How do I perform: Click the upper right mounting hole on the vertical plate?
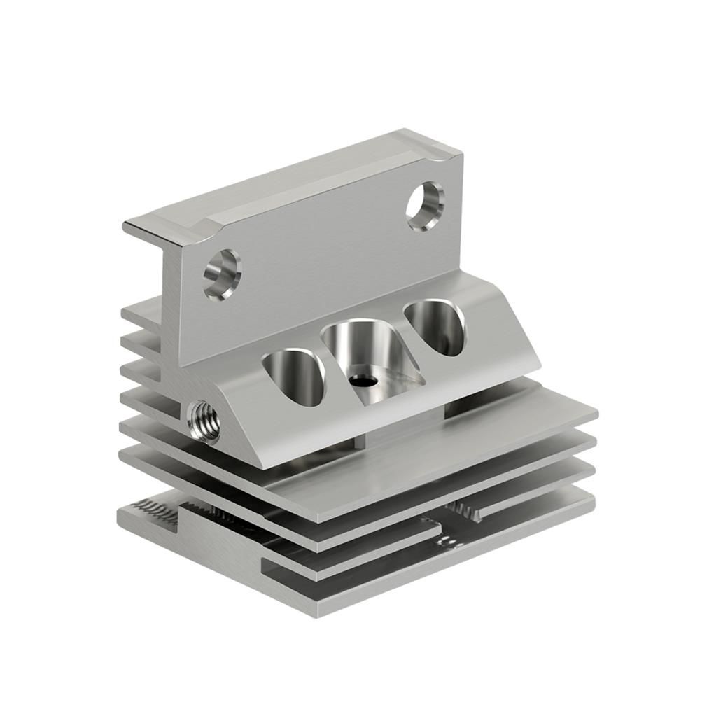(x=425, y=206)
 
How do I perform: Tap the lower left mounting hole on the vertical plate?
(x=222, y=274)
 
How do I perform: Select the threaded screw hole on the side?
(x=204, y=421)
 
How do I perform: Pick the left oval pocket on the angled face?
(x=294, y=377)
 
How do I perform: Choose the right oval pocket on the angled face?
(x=435, y=326)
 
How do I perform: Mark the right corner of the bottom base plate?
(x=593, y=498)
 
